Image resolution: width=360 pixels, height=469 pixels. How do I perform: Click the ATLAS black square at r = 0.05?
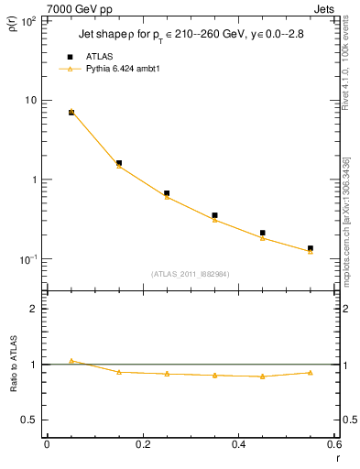pyautogui.click(x=71, y=112)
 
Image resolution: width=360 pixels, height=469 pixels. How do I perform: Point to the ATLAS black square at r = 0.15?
pyautogui.click(x=119, y=163)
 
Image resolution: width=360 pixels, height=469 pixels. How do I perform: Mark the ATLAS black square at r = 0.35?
pyautogui.click(x=214, y=215)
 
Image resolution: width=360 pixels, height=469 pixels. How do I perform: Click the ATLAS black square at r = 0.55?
pyautogui.click(x=311, y=248)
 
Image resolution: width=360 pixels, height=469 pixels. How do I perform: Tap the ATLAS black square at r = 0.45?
pyautogui.click(x=263, y=233)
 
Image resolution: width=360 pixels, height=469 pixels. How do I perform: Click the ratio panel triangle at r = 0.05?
pyautogui.click(x=71, y=361)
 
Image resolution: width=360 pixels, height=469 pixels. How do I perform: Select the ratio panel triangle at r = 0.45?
pyautogui.click(x=263, y=376)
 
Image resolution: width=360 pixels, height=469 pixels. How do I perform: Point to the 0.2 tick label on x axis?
pyautogui.click(x=142, y=444)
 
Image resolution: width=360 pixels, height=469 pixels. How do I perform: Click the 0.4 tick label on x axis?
pyautogui.click(x=238, y=444)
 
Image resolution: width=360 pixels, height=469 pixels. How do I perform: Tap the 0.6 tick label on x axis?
pyautogui.click(x=333, y=444)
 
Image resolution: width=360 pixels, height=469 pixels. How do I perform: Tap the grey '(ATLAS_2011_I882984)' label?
pyautogui.click(x=190, y=273)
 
